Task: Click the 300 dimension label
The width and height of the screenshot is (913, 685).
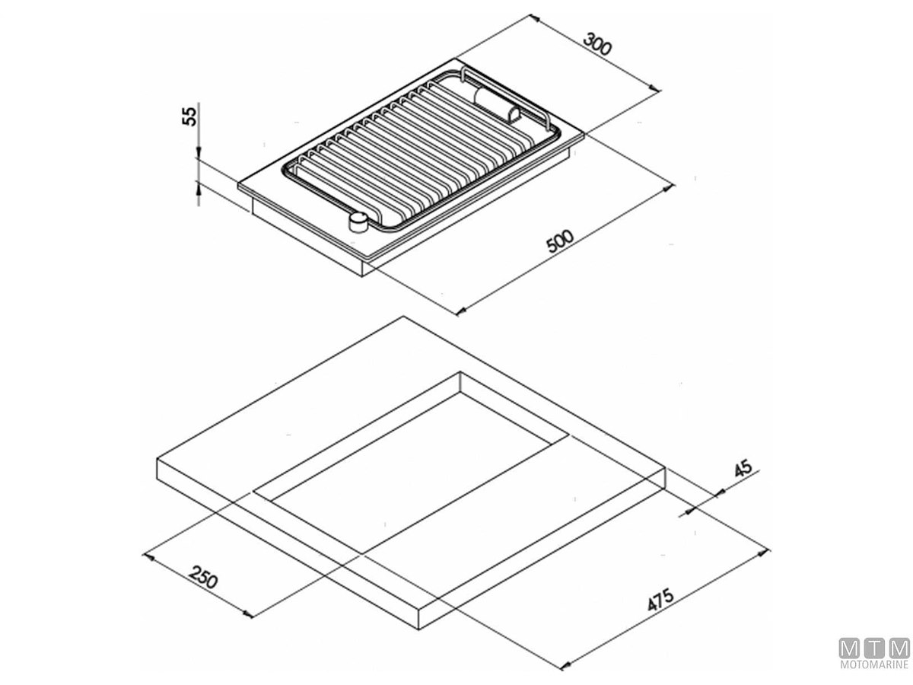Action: coord(597,43)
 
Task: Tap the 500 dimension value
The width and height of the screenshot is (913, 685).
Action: coord(560,241)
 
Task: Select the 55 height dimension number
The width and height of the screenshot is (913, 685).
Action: coord(189,116)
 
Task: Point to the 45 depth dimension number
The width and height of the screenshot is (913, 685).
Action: coord(743,467)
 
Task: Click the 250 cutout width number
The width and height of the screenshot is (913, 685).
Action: coord(203,576)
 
